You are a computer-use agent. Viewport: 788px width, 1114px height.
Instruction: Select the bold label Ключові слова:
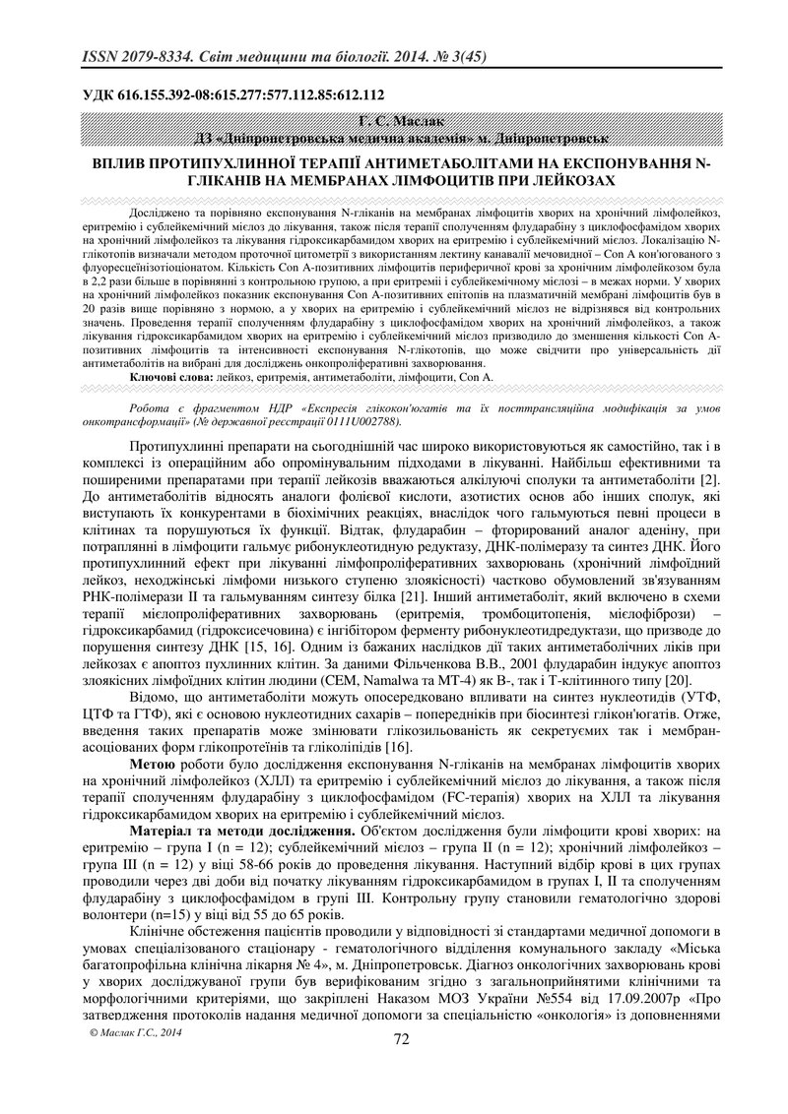[x=168, y=377]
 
